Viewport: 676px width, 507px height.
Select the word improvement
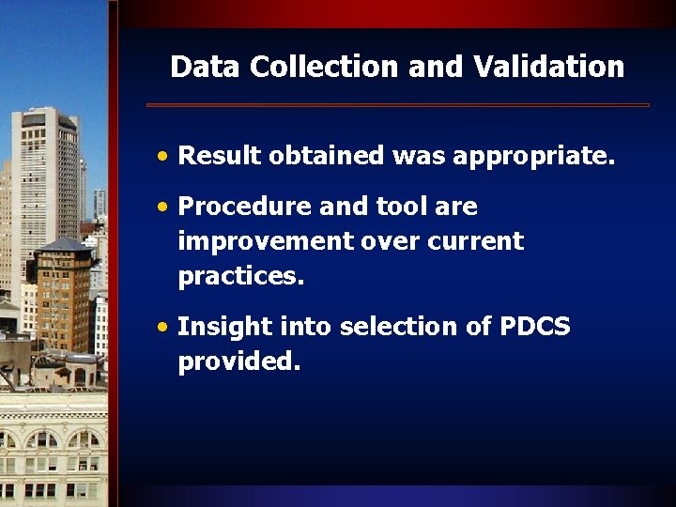[x=266, y=241]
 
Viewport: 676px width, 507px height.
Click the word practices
[x=242, y=277]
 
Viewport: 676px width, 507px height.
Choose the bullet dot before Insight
[x=163, y=328]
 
